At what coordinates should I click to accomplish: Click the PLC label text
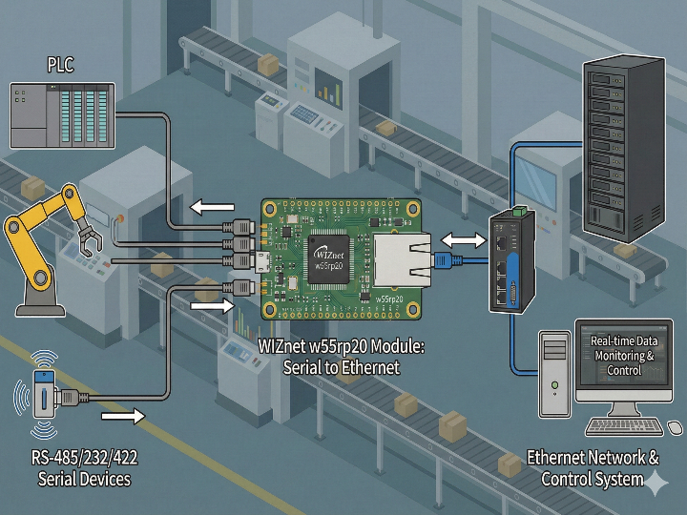(60, 65)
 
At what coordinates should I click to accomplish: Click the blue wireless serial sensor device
(42, 392)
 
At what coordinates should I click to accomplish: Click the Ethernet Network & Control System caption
(593, 467)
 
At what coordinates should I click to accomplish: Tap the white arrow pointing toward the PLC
(211, 207)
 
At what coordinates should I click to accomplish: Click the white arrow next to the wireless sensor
(122, 416)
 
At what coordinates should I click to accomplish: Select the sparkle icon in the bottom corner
(657, 484)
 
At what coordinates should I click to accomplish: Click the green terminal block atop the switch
(520, 209)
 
